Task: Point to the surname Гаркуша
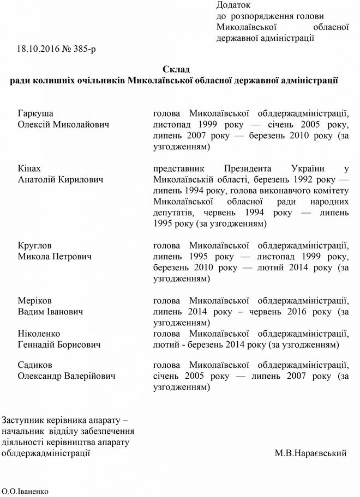pos(35,114)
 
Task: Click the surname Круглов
pos(35,245)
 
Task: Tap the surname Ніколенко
pos(39,334)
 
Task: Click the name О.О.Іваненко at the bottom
pos(25,491)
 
